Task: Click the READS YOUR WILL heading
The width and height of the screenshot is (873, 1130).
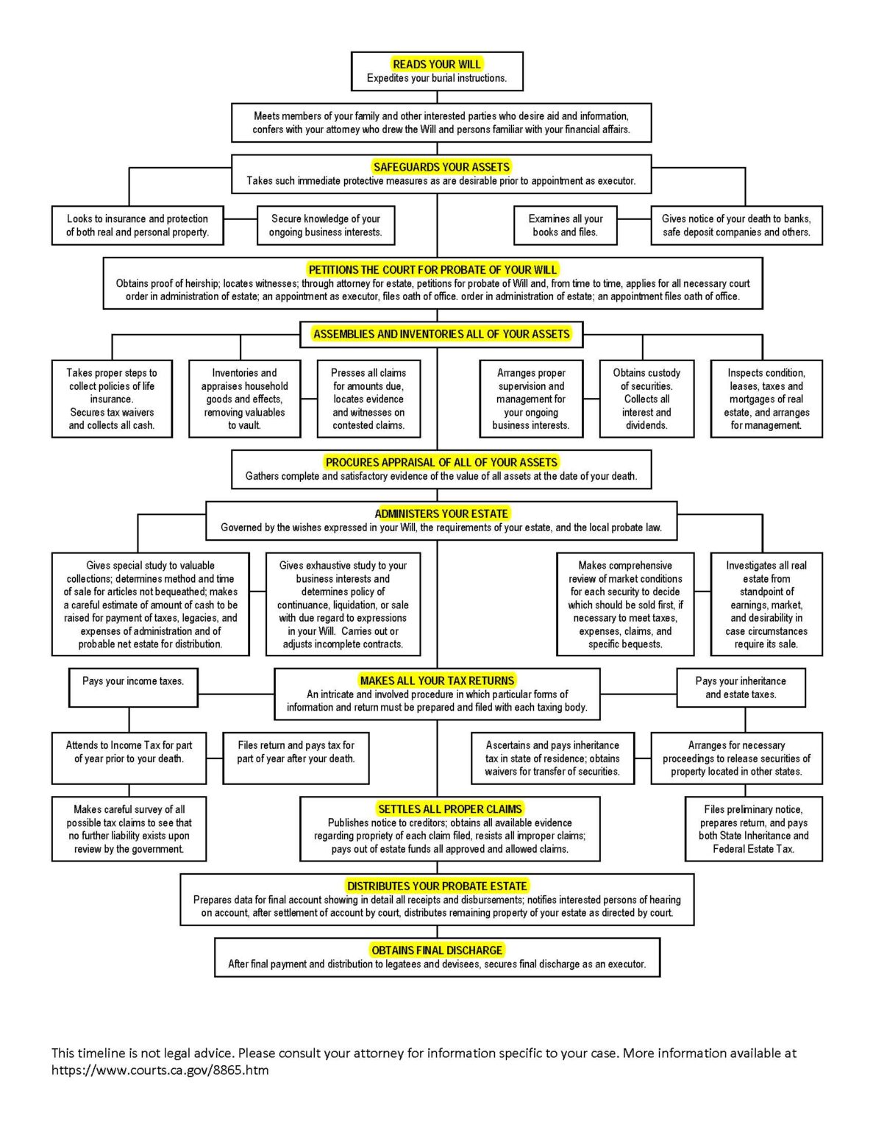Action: click(x=437, y=64)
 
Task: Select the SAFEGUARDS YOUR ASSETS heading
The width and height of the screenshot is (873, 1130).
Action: click(x=441, y=167)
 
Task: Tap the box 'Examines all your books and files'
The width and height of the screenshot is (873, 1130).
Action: click(x=565, y=225)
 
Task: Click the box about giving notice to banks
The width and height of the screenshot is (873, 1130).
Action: click(x=736, y=225)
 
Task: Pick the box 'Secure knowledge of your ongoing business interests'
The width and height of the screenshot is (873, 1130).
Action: click(x=325, y=225)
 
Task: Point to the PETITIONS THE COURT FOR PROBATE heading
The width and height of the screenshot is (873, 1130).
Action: click(x=432, y=270)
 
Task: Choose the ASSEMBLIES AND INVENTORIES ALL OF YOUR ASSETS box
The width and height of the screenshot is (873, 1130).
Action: click(x=441, y=334)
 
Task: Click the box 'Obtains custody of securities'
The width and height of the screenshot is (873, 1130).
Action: click(x=646, y=399)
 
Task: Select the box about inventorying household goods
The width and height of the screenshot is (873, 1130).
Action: click(x=244, y=399)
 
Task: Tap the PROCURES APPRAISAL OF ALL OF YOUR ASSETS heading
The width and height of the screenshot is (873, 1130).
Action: click(x=441, y=463)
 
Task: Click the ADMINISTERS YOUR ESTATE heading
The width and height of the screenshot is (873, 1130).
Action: click(x=441, y=514)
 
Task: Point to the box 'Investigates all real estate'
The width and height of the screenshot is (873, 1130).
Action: click(x=766, y=604)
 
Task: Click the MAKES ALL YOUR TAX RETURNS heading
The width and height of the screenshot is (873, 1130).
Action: click(x=437, y=681)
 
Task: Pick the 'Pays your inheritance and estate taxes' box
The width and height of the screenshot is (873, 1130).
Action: click(x=741, y=687)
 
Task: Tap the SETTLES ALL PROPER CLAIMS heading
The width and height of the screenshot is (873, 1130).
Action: click(x=449, y=809)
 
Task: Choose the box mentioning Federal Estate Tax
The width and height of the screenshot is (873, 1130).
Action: click(x=753, y=828)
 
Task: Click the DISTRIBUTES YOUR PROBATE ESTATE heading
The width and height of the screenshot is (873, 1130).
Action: click(x=437, y=886)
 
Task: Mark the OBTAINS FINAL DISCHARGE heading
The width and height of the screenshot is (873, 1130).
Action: click(x=437, y=950)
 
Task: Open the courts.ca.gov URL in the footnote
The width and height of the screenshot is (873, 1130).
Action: click(x=160, y=1070)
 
